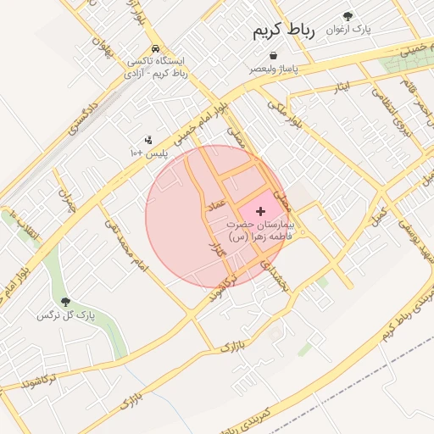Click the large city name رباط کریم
pos(283,31)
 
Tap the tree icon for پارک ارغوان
pos(348,16)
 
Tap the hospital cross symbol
pos(259,209)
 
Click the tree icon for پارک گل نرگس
pos(65,302)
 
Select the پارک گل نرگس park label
pos(65,316)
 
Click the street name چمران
pos(66,200)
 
